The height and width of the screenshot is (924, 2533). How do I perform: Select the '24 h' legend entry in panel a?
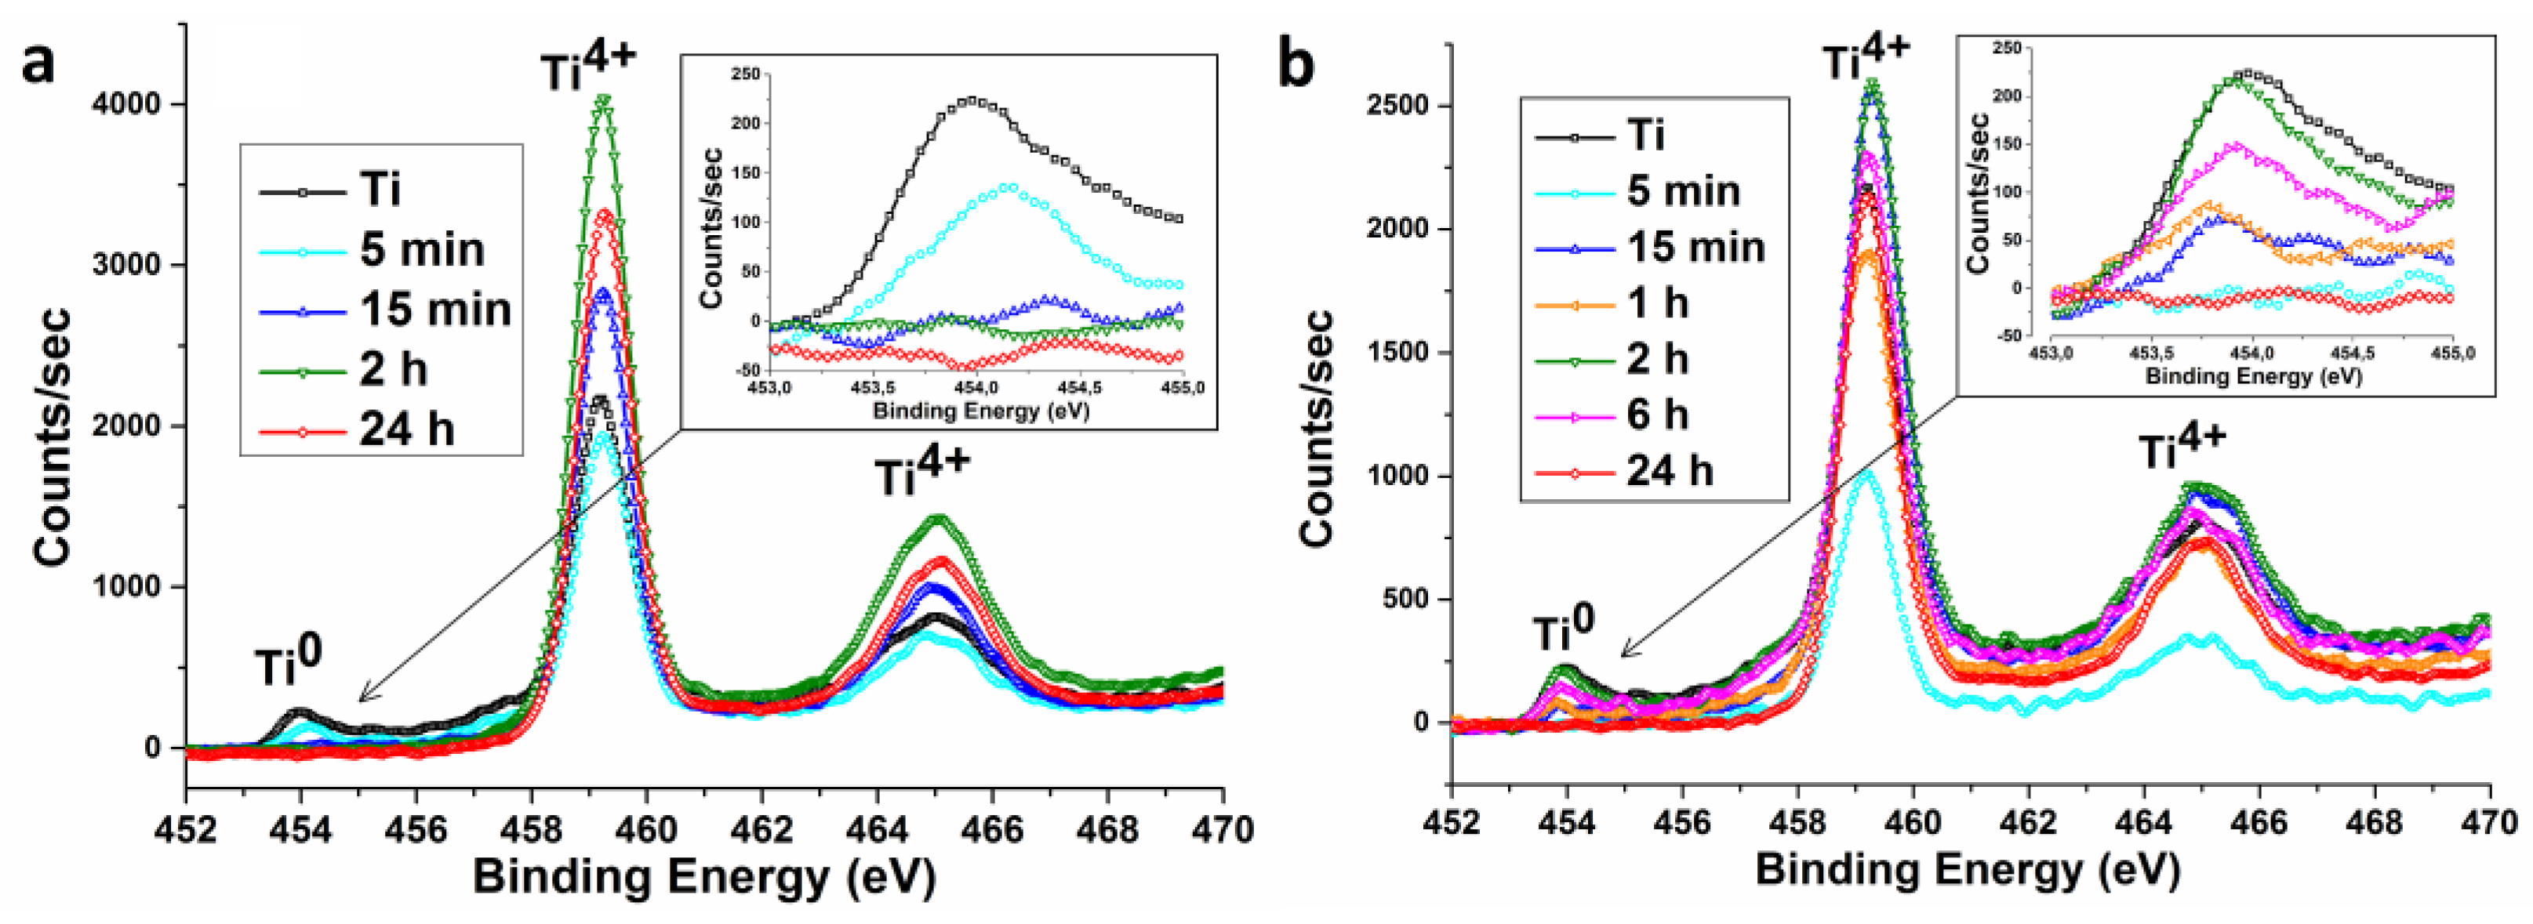pos(405,429)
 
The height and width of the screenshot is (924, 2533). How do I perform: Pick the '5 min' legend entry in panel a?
pos(421,250)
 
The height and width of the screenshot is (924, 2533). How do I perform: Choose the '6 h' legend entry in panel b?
pos(1657,414)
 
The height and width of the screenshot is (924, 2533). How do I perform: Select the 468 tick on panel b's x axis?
pos(2374,822)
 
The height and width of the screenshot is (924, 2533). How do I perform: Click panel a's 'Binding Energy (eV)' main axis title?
pos(704,877)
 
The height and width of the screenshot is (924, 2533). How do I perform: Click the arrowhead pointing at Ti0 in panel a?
pos(361,699)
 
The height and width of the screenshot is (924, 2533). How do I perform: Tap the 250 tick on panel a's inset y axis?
pos(745,74)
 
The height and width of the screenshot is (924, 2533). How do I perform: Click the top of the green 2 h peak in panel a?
pos(603,100)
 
